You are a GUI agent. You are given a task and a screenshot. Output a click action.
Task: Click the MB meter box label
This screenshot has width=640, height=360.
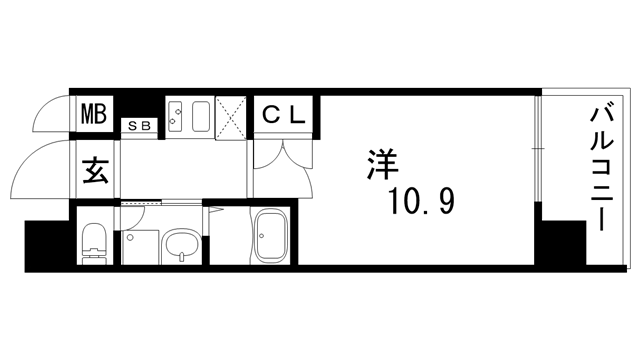(x=94, y=114)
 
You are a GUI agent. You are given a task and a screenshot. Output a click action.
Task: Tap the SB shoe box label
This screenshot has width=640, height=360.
(x=139, y=126)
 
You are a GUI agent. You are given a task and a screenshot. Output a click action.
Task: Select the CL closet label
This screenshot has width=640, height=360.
(x=284, y=114)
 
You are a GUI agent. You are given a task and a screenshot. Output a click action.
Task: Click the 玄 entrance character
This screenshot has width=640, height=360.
(x=95, y=170)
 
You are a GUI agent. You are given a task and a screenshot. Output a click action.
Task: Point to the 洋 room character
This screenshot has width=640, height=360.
(x=382, y=164)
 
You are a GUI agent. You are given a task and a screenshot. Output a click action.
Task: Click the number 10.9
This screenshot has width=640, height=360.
(x=422, y=201)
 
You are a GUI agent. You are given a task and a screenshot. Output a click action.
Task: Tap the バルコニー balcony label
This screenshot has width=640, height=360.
(x=602, y=168)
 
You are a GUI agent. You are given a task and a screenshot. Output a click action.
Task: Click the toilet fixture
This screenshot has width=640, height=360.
(x=95, y=244)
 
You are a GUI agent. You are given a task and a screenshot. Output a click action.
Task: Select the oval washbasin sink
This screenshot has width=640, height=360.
(x=182, y=245)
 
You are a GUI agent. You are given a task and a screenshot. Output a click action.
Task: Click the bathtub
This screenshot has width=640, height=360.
(x=269, y=236)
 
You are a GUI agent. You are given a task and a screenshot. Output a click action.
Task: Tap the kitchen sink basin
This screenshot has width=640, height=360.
(x=201, y=116)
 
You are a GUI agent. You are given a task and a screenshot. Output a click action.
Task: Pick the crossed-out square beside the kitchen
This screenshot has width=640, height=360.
(x=231, y=117)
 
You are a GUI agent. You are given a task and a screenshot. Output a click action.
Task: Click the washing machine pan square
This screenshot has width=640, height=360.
(x=140, y=247)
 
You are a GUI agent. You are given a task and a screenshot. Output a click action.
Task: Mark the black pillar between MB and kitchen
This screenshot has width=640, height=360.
(x=138, y=107)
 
